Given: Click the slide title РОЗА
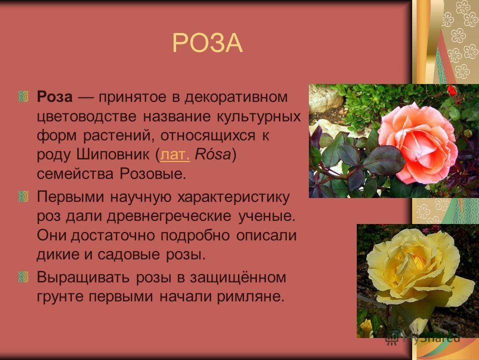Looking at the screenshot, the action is (208, 43).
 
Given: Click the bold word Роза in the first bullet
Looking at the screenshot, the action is (55, 97).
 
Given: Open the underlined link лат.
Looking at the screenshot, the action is (175, 154).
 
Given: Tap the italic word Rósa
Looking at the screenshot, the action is (213, 154).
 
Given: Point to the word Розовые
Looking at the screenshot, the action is (153, 174).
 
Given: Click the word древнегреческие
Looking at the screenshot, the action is (169, 216).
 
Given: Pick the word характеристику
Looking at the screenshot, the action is (233, 197).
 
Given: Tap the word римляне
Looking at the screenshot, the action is (251, 296).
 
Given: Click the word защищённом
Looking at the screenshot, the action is (238, 277).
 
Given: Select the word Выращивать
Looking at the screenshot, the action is (85, 277).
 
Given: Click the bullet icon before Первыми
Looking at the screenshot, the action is (23, 196).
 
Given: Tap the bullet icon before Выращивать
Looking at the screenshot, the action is (23, 276).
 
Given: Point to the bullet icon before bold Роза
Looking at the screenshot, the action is (23, 96).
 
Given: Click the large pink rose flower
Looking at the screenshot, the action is (418, 143).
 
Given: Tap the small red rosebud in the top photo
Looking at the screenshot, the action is (452, 90).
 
